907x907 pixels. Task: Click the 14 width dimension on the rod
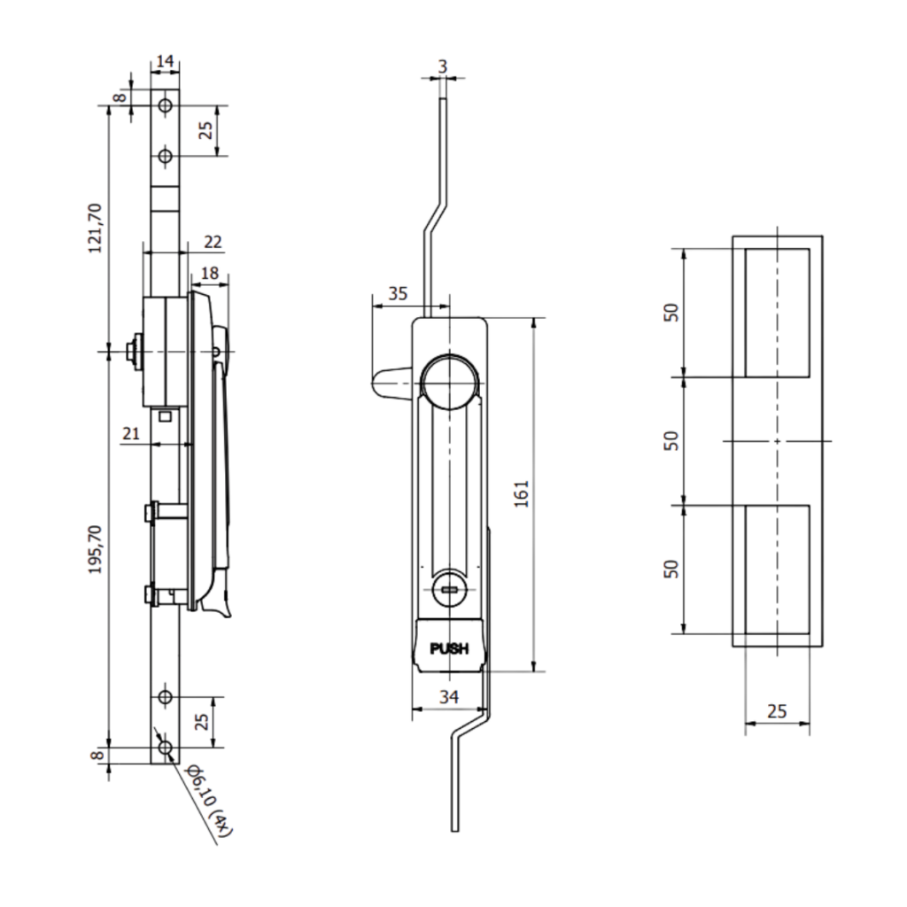click(x=165, y=61)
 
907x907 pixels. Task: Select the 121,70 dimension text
click(x=96, y=228)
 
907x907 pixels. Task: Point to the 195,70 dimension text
click(x=96, y=549)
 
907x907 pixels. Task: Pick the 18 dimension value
click(x=209, y=274)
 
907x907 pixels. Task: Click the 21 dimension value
click(x=132, y=432)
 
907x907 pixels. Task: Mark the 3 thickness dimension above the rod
click(x=443, y=66)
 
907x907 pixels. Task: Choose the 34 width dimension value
click(x=449, y=697)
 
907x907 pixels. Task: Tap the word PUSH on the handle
click(x=448, y=649)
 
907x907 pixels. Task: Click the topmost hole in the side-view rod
click(x=165, y=105)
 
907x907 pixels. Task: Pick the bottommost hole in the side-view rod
click(x=165, y=749)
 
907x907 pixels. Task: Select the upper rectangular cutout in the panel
click(x=777, y=313)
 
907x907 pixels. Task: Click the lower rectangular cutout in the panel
click(x=777, y=570)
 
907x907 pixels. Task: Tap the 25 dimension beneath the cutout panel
click(x=776, y=710)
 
